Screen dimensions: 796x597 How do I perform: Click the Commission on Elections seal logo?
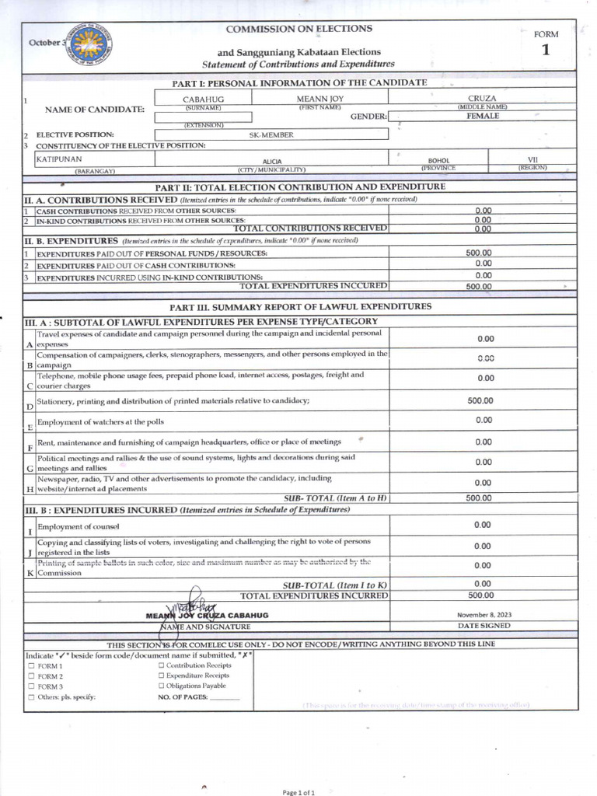89,44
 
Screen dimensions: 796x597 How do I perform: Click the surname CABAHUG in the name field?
203,99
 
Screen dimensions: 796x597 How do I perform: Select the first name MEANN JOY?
320,99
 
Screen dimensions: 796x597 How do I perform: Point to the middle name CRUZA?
482,99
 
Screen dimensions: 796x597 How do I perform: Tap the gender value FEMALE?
483,116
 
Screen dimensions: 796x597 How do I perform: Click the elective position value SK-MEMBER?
271,134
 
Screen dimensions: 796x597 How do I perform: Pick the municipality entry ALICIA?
272,161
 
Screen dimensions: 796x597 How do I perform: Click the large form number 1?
546,51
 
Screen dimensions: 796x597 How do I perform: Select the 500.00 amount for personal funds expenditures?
480,253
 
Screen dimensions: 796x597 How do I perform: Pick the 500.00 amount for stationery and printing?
480,400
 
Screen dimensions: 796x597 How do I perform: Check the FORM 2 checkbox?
31,676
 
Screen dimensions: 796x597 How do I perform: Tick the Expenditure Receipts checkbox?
161,676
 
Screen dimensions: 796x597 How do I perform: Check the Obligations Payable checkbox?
161,686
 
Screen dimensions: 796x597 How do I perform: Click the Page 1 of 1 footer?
298,791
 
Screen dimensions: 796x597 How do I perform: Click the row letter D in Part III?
30,406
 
